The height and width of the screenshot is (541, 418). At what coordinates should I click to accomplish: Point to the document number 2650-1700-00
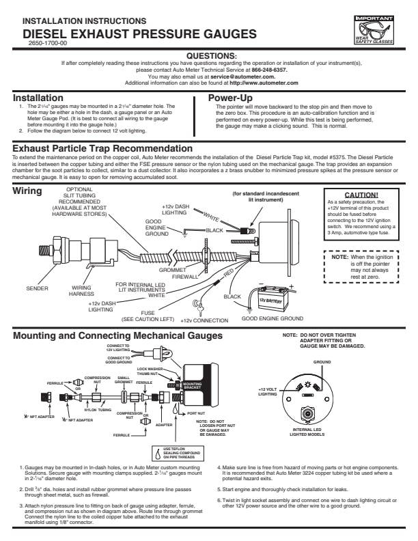[x=45, y=42]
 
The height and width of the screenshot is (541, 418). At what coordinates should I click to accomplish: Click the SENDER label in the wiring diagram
[x=38, y=288]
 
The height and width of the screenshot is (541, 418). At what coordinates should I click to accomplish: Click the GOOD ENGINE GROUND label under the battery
[x=273, y=318]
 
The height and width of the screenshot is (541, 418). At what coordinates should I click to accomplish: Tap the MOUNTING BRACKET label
[x=192, y=385]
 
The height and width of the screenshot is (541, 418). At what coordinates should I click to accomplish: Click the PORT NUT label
[x=196, y=413]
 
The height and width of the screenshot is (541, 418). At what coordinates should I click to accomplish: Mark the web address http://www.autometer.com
[x=264, y=83]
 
